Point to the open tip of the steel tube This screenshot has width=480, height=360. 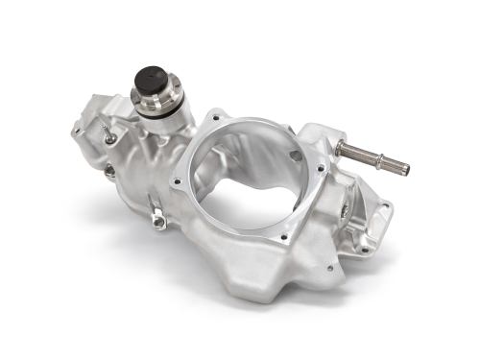407,170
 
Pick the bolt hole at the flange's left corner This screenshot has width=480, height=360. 176,180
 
